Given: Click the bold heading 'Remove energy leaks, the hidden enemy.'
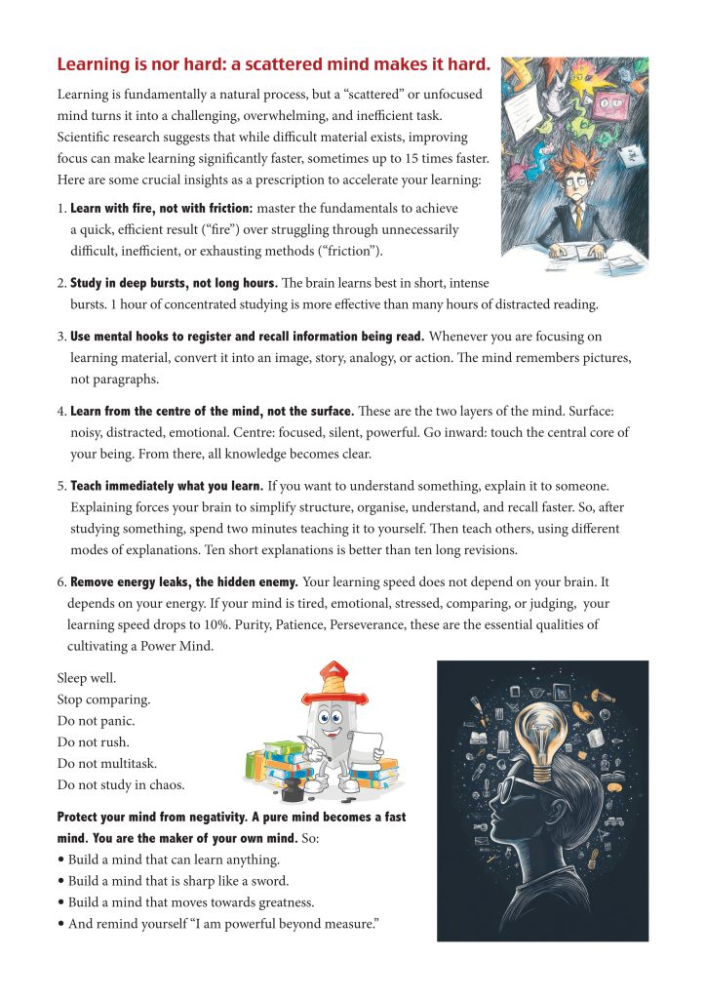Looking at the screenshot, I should [184, 582].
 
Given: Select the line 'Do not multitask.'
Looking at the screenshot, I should [106, 763].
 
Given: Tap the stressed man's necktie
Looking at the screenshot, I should [578, 217].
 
